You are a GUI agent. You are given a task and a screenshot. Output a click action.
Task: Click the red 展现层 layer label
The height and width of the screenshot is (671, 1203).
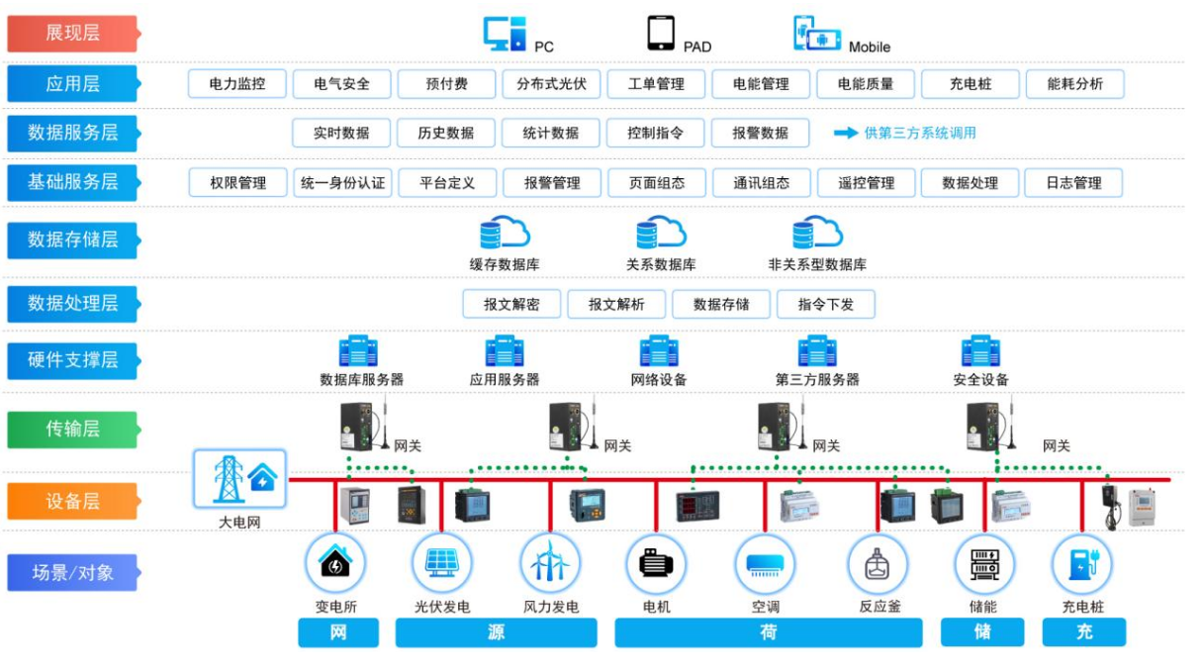72,34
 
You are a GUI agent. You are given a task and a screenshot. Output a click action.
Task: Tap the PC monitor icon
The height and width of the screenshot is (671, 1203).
504,34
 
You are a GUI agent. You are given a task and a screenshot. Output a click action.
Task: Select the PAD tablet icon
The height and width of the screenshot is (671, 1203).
661,33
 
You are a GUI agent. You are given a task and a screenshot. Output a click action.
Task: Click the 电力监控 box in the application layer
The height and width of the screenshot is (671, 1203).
237,84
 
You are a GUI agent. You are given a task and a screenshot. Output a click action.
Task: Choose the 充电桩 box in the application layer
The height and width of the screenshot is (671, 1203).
971,84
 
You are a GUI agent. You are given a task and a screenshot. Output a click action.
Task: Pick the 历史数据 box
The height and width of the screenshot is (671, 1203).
446,133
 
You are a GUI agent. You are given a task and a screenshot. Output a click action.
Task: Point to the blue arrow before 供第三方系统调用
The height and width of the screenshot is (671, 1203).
845,133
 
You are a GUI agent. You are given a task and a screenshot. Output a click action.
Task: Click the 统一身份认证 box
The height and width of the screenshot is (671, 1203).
342,183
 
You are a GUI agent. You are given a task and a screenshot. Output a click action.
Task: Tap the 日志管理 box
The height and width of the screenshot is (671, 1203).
1073,183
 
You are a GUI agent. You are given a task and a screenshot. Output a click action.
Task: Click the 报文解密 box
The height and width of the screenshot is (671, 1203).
511,304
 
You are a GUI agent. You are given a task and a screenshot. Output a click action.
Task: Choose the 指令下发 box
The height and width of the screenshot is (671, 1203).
826,304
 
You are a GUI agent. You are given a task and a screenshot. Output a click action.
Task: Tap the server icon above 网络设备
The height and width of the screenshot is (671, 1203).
659,352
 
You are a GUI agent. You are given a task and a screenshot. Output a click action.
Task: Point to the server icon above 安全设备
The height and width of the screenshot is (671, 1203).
980,352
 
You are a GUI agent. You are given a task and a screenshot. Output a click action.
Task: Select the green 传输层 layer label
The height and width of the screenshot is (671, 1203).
72,430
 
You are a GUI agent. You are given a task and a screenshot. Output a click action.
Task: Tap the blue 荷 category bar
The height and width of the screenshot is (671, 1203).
768,632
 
